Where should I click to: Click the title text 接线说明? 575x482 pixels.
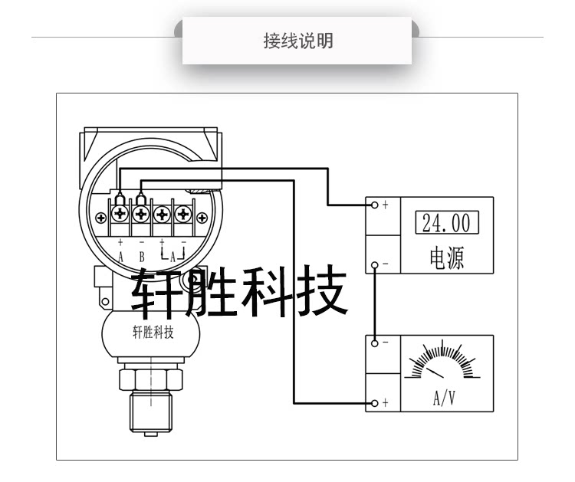(297, 41)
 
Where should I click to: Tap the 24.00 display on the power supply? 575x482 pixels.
(446, 223)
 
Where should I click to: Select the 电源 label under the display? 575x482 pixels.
(445, 256)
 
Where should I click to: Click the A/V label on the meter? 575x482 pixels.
(445, 398)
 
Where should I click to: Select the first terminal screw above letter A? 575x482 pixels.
(121, 212)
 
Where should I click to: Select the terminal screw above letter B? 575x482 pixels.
(142, 212)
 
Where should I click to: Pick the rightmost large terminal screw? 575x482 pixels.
(182, 212)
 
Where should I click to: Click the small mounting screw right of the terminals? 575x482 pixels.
(203, 218)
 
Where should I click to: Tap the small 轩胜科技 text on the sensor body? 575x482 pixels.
(153, 333)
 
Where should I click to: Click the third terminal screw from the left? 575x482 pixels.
(162, 212)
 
